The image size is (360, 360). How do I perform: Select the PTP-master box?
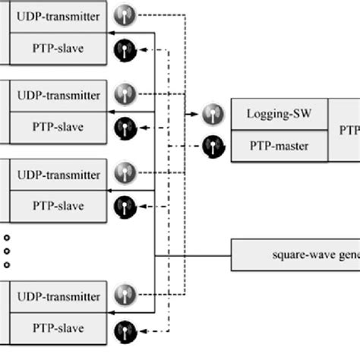279,144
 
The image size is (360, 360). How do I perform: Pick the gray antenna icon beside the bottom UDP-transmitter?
124,294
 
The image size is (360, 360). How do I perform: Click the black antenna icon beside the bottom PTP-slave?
124,329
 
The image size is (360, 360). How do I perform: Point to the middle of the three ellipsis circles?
7,250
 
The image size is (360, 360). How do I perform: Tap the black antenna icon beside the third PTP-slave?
124,206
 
